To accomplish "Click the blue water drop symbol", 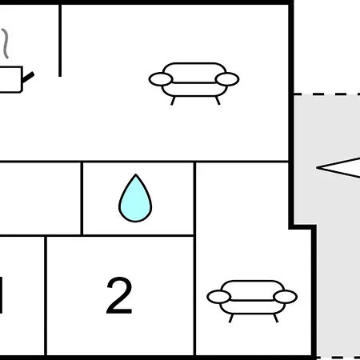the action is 135,198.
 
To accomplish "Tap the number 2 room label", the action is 119,295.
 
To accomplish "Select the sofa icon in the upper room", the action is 194,83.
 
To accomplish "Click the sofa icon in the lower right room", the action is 252,301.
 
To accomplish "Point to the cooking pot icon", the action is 10,79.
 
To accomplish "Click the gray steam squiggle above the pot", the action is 6,43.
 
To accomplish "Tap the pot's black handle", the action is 28,78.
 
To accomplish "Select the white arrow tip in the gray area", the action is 318,168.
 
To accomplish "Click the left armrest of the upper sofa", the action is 161,79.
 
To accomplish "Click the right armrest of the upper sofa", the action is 227,79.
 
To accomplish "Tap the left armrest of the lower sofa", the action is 219,297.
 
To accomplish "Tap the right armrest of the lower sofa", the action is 286,297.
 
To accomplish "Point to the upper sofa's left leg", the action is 173,101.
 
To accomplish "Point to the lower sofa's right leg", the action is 276,318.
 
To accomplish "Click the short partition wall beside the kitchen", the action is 60,41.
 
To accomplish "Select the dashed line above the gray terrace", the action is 327,94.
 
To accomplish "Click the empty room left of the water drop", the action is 40,198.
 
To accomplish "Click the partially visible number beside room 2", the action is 1,295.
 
